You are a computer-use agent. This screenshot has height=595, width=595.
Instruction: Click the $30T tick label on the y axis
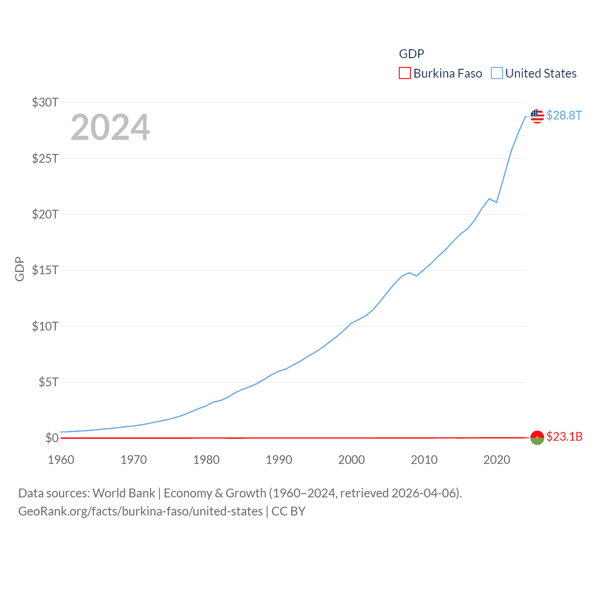click(45, 102)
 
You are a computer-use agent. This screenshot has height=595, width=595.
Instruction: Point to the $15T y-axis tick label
click(45, 270)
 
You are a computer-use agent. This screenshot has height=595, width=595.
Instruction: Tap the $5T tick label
click(48, 382)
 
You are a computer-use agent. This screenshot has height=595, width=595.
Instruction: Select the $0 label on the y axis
click(52, 438)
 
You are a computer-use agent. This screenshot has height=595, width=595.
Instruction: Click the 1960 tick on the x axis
click(61, 460)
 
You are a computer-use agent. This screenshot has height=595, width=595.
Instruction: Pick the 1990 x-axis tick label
click(279, 460)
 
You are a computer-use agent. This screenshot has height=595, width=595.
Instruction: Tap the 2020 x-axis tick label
click(497, 460)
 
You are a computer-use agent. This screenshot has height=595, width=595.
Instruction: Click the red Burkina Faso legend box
click(405, 73)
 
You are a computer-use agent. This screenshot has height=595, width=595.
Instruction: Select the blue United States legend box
click(497, 73)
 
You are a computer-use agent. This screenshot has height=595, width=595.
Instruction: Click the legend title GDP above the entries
click(411, 54)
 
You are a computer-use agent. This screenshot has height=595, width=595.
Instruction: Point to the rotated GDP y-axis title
click(20, 269)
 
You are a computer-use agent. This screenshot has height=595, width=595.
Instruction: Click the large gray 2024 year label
click(110, 127)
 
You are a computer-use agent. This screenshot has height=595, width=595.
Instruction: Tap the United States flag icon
click(537, 116)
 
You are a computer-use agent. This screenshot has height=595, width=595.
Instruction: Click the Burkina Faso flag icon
click(537, 437)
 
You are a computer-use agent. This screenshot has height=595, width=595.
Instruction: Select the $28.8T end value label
click(564, 115)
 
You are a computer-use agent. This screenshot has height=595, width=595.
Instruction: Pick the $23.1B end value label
click(564, 436)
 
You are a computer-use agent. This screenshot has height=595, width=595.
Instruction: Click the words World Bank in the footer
click(124, 493)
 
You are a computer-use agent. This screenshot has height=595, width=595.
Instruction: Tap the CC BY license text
click(288, 511)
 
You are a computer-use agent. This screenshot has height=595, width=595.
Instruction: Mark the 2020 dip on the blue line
click(496, 202)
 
